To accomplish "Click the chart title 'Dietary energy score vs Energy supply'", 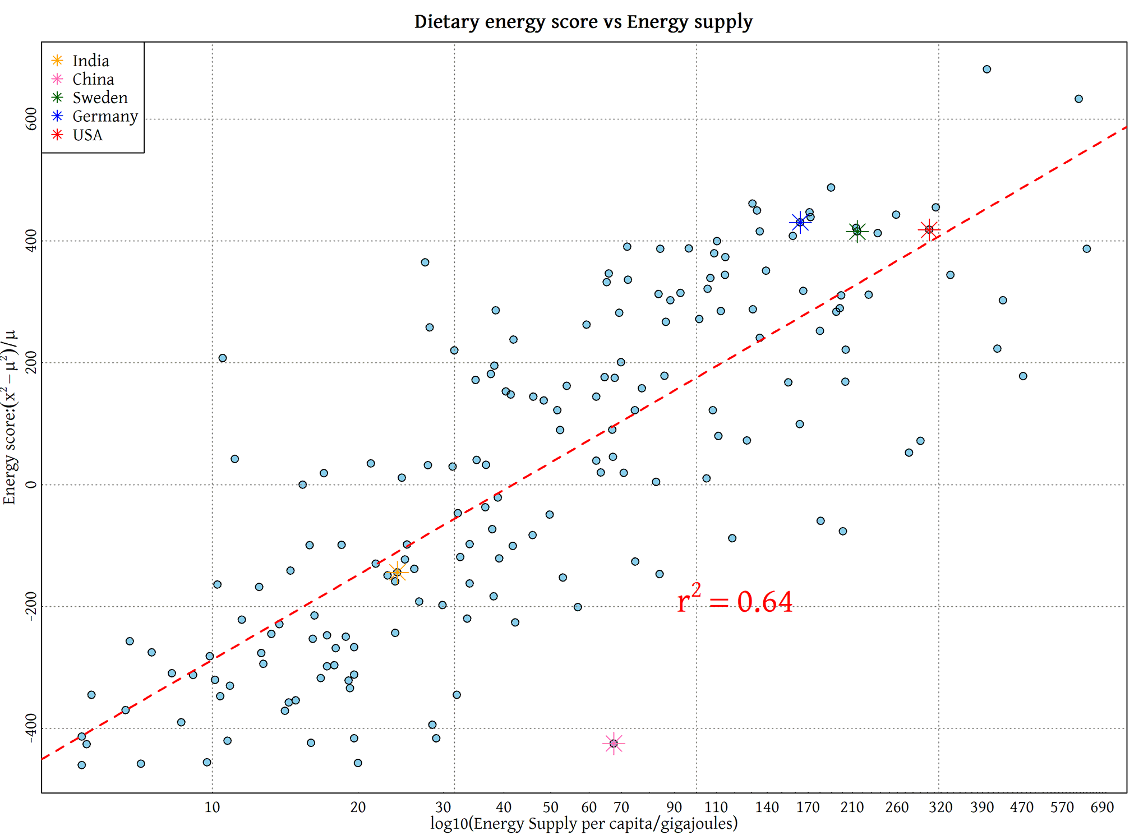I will click(583, 22).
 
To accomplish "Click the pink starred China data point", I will click(614, 744).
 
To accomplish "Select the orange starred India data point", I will click(397, 573).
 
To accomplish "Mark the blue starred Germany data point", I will click(800, 223).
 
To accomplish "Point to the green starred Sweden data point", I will click(857, 231).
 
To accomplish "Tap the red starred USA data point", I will click(929, 230).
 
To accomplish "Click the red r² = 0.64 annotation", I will click(735, 602).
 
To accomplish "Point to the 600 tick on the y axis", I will click(31, 119).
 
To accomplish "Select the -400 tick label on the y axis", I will click(31, 728).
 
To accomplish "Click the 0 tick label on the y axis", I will click(31, 485).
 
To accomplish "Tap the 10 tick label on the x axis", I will click(212, 808).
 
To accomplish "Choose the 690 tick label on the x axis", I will click(1102, 808).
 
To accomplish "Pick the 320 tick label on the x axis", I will click(940, 808).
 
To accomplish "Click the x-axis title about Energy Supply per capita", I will click(584, 823).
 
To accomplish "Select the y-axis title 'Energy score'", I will click(10, 418).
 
